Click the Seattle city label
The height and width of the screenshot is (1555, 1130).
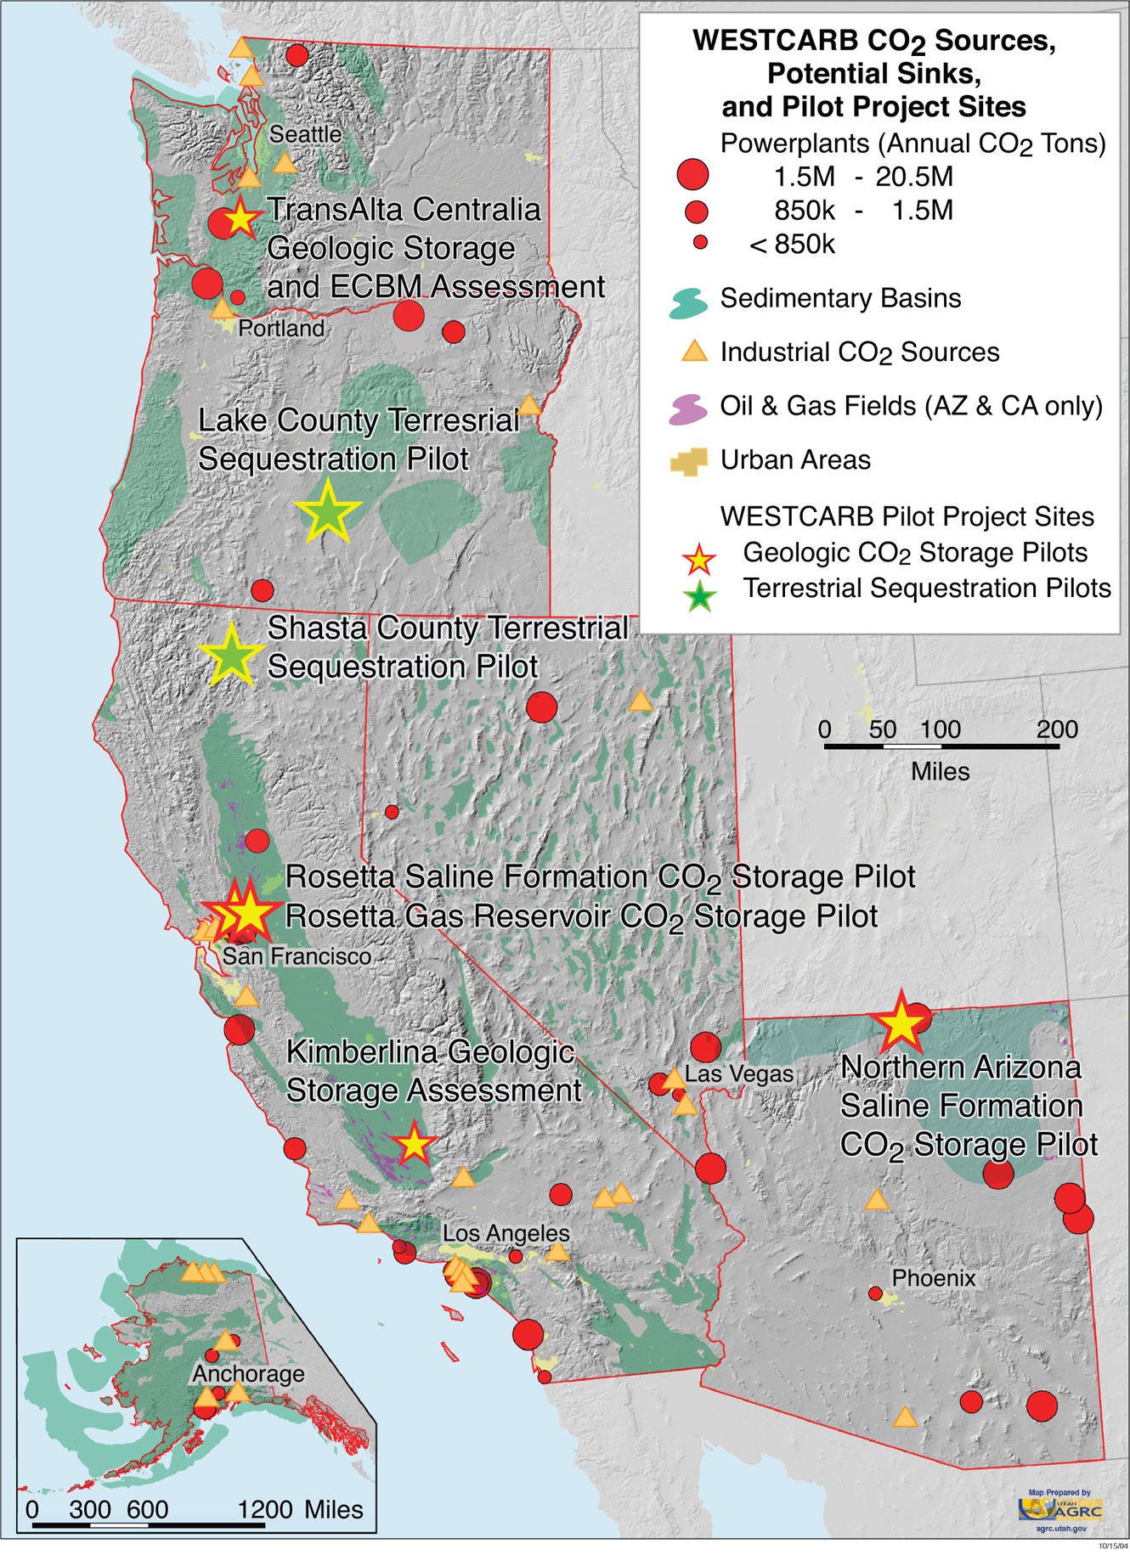pyautogui.click(x=305, y=134)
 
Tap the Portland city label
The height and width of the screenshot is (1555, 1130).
pyautogui.click(x=281, y=328)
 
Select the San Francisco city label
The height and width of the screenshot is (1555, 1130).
pyautogui.click(x=297, y=956)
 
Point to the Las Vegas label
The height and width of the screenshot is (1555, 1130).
pyautogui.click(x=739, y=1073)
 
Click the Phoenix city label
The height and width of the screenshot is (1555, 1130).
pyautogui.click(x=933, y=1277)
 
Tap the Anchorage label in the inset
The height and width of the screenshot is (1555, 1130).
pyautogui.click(x=248, y=1373)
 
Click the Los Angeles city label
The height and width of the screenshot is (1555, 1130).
pyautogui.click(x=506, y=1232)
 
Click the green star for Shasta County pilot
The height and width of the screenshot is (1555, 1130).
pyautogui.click(x=231, y=655)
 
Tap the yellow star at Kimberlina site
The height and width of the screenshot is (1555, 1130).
pyautogui.click(x=414, y=1145)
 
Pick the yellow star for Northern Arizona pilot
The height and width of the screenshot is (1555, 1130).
pyautogui.click(x=901, y=1024)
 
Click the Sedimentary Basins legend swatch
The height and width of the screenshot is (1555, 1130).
pyautogui.click(x=688, y=301)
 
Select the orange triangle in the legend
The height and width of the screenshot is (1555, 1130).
pyautogui.click(x=695, y=351)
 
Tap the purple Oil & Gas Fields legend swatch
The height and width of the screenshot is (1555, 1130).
pyautogui.click(x=688, y=408)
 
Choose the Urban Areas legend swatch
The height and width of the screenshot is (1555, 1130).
pyautogui.click(x=688, y=461)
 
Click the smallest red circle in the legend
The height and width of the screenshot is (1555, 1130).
pyautogui.click(x=700, y=243)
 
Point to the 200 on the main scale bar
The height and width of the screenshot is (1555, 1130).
pyautogui.click(x=1056, y=730)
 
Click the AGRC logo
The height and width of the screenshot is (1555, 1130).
pyautogui.click(x=1061, y=1509)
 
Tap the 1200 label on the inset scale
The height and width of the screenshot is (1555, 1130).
pyautogui.click(x=265, y=1509)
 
